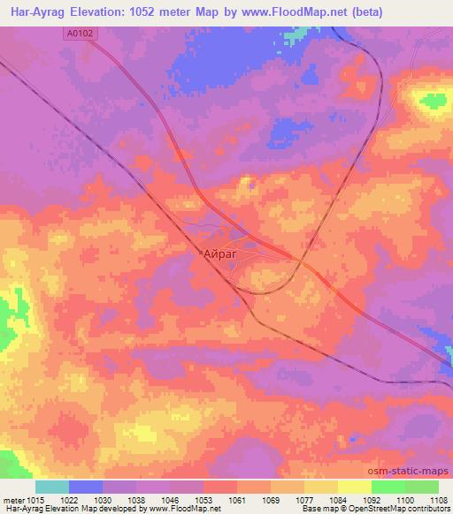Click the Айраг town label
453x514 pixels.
coord(219,253)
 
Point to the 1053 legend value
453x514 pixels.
coord(203,501)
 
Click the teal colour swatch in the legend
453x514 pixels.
coord(52,487)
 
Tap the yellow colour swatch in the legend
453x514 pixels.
coord(354,487)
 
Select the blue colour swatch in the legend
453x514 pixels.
coord(86,487)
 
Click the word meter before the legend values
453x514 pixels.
coord(13,501)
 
